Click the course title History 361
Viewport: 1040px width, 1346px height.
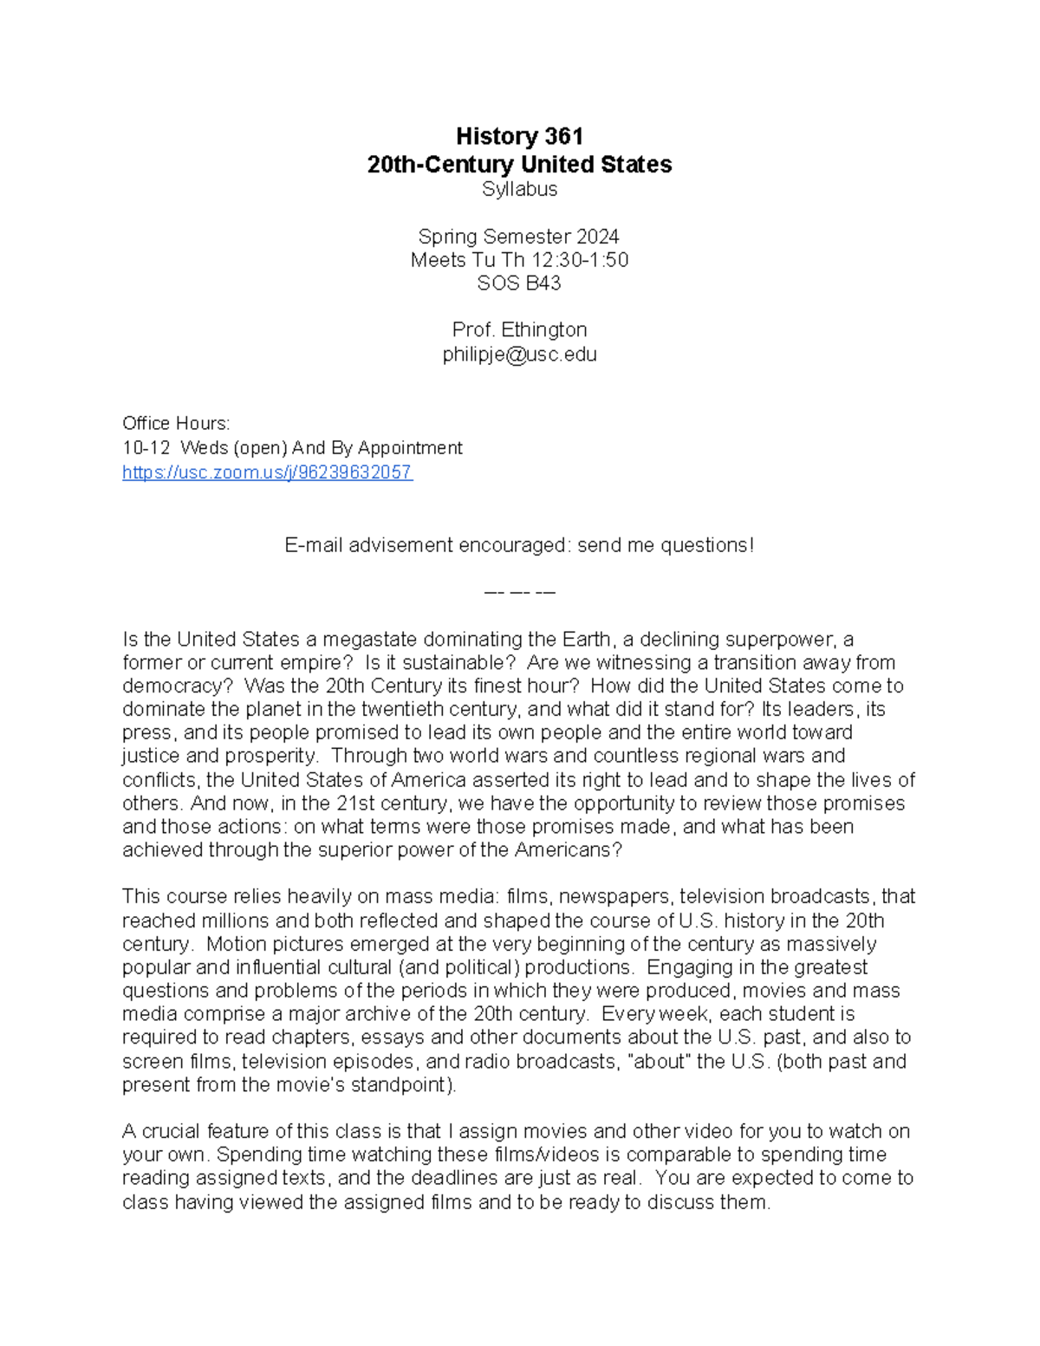(x=519, y=136)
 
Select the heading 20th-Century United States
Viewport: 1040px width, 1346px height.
(x=519, y=165)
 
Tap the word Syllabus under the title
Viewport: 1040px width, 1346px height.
(x=519, y=189)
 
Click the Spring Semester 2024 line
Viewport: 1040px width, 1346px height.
(x=519, y=237)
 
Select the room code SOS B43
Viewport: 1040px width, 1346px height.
(x=519, y=283)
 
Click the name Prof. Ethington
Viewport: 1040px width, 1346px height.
(x=519, y=330)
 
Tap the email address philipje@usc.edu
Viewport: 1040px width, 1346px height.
(x=519, y=354)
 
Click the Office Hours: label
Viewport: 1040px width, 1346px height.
(x=176, y=424)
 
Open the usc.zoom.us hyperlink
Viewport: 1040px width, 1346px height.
(x=267, y=472)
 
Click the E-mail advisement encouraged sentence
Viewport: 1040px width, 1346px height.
(x=519, y=545)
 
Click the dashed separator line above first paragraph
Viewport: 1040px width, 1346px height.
(x=519, y=593)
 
